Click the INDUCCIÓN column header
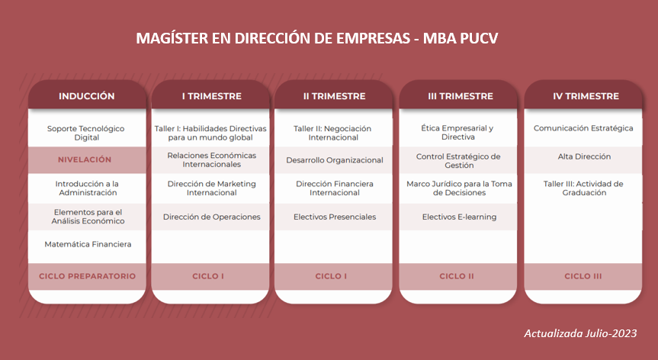(86, 96)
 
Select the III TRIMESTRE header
(461, 96)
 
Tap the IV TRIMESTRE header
(586, 96)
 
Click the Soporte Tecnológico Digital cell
(86, 133)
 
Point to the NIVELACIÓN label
(85, 159)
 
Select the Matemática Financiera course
(88, 244)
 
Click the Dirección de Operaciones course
(212, 217)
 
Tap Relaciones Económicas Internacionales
(211, 160)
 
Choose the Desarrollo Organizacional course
(335, 160)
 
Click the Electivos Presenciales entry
(335, 217)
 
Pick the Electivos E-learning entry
(459, 217)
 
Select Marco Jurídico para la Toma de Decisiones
(459, 188)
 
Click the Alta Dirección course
(584, 156)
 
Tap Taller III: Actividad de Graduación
(583, 188)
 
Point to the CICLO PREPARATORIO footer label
(87, 276)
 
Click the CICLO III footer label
(583, 276)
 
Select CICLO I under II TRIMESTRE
(331, 276)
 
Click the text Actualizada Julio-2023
(580, 333)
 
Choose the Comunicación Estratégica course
(583, 128)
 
